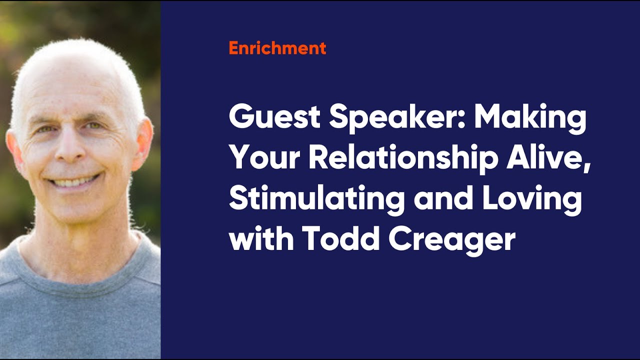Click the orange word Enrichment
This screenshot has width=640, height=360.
click(x=277, y=48)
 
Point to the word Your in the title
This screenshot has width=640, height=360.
click(x=263, y=158)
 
